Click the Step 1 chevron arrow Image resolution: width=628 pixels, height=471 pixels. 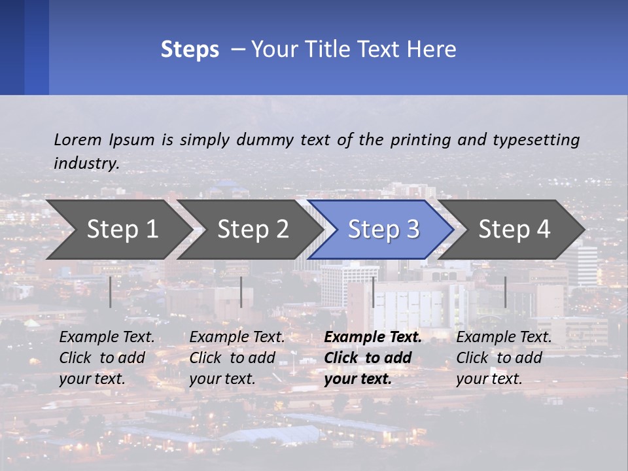tap(118, 230)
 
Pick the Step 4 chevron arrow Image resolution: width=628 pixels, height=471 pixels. tap(513, 230)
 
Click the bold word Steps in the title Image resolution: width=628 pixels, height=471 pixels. tap(190, 50)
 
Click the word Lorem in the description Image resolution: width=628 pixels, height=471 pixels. tap(78, 139)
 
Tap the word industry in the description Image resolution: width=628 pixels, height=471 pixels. tap(86, 164)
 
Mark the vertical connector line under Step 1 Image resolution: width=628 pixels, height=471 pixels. tap(111, 292)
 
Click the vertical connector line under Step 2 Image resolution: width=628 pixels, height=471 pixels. tap(241, 292)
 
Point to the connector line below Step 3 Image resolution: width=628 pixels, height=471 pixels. tap(373, 292)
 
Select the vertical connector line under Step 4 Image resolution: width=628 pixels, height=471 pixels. tap(505, 292)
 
